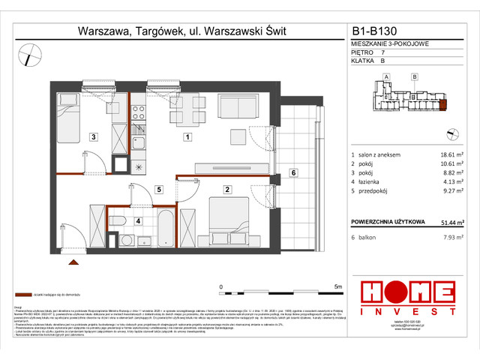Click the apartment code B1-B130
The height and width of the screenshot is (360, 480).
[381, 32]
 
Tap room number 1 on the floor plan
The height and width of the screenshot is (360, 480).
[188, 137]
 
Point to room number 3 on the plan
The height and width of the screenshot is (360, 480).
[92, 137]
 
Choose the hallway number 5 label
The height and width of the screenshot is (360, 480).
[157, 189]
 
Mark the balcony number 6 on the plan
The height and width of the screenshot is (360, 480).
[293, 173]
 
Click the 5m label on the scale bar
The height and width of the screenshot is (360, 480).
[337, 286]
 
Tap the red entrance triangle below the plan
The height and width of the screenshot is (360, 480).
[73, 262]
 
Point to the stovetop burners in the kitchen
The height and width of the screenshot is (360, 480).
[139, 114]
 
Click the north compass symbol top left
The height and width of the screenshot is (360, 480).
[30, 54]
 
